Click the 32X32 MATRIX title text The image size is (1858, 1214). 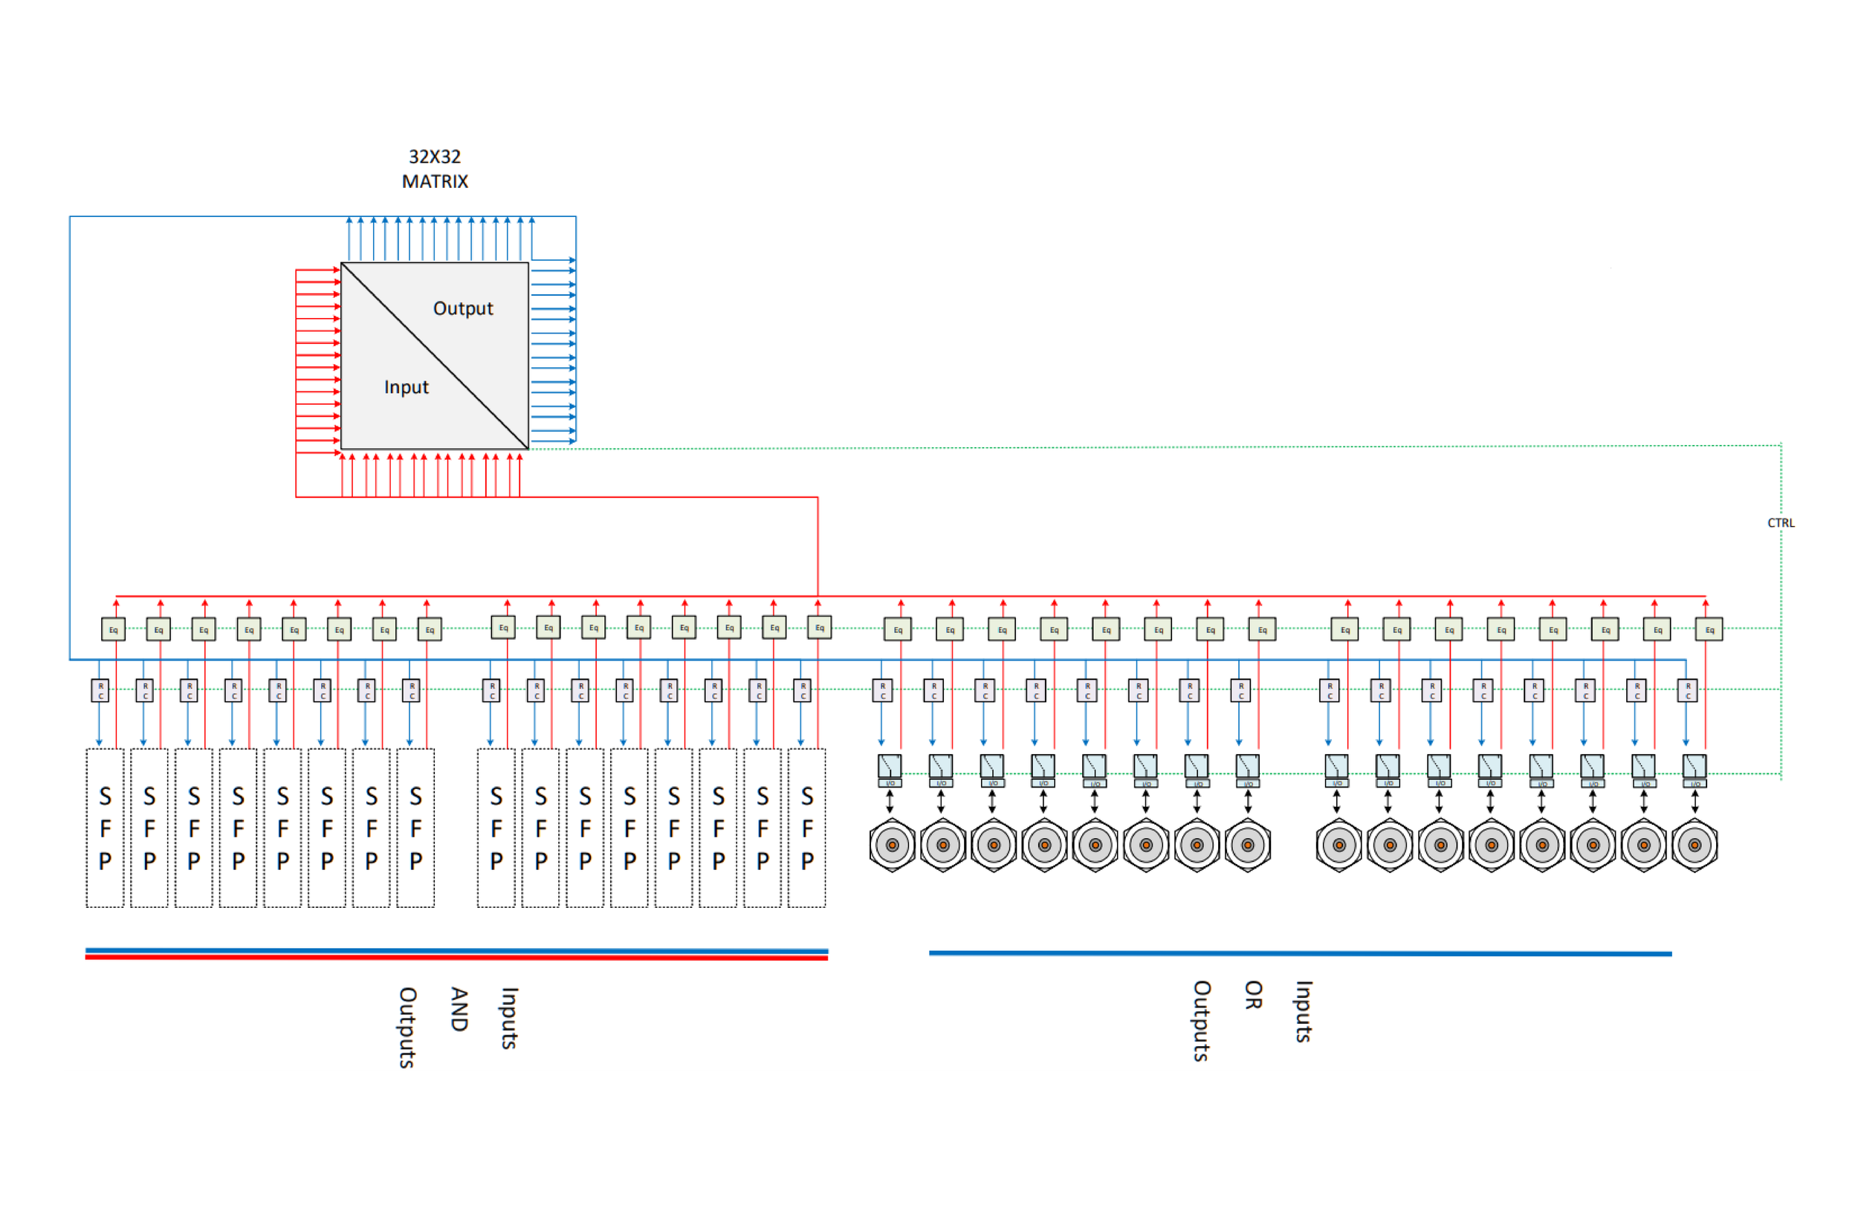tap(435, 169)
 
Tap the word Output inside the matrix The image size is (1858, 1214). tap(463, 309)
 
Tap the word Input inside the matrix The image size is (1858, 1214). tap(406, 388)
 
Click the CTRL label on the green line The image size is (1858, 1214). tap(1781, 524)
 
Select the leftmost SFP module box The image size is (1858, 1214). tap(105, 828)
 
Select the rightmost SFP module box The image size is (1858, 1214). tap(806, 828)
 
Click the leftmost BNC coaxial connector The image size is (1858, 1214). tap(892, 845)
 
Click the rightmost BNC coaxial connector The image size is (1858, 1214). tap(1694, 845)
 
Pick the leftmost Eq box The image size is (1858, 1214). tap(113, 629)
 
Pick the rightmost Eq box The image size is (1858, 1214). tap(1709, 629)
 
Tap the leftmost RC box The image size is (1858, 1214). tap(100, 690)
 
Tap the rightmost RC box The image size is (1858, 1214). tap(1687, 690)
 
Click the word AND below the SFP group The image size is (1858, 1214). tap(459, 1009)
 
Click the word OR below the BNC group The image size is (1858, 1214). tap(1253, 995)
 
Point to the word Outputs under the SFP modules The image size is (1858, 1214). tap(407, 1027)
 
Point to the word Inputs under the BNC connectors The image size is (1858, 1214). tap(1303, 1011)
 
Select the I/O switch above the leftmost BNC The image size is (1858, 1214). tap(889, 768)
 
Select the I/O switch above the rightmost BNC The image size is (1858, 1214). tap(1694, 768)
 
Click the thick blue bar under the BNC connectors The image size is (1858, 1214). tap(1300, 953)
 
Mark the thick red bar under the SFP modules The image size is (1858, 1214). tap(456, 958)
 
